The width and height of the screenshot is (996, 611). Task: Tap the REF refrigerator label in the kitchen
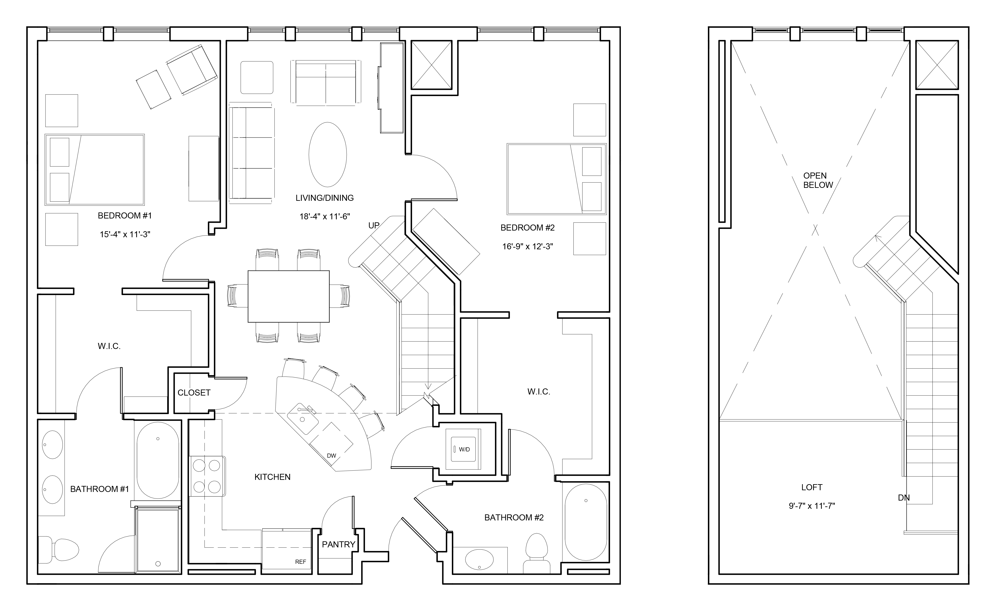point(300,562)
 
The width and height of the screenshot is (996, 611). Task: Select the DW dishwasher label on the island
point(331,456)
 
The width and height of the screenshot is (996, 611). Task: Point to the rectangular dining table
point(288,296)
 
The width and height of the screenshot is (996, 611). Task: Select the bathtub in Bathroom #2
point(586,522)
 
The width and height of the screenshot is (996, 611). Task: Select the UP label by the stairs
point(374,225)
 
